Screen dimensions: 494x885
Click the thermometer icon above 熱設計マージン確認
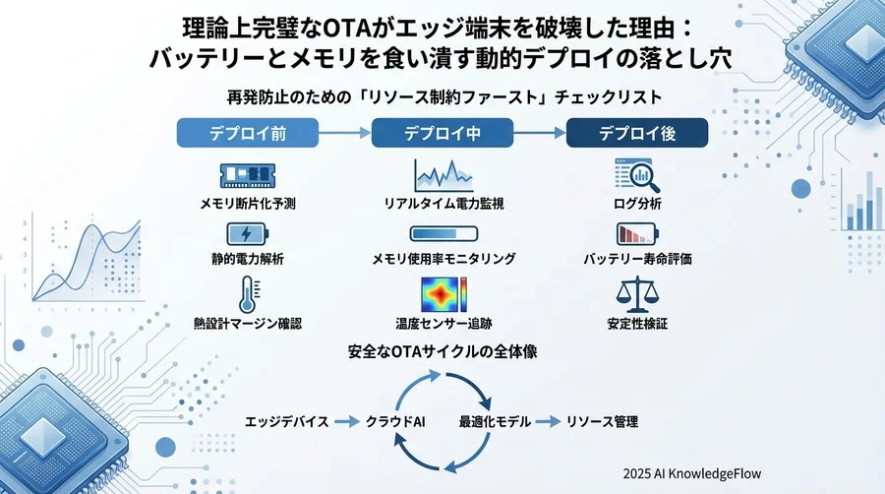point(248,293)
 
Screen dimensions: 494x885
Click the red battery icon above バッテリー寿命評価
point(636,235)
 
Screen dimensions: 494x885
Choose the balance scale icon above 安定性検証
point(636,293)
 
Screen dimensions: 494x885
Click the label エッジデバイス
point(287,421)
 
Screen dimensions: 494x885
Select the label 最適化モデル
point(495,421)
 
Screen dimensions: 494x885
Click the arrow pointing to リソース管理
point(548,421)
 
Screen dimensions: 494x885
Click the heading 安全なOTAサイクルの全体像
point(441,351)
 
